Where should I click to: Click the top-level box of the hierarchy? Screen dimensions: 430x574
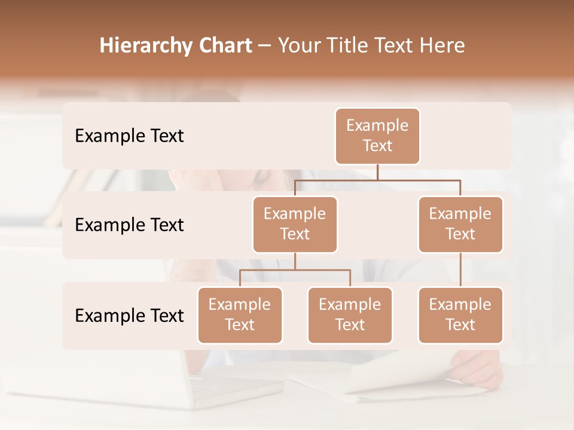tap(377, 136)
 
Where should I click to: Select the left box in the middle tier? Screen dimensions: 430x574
tap(295, 225)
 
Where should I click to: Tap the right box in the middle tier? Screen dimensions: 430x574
tap(460, 225)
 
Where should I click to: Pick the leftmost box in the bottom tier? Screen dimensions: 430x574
tap(240, 315)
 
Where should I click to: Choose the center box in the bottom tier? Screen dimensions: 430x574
tap(350, 315)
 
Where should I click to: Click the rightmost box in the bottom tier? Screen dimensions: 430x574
tap(460, 315)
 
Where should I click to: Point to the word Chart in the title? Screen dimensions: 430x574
tap(222, 45)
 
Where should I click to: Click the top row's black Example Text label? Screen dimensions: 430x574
tap(129, 136)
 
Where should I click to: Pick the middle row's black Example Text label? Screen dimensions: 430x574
tap(129, 225)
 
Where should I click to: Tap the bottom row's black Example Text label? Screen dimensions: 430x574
tap(129, 316)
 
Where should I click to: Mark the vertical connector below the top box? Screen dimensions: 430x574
tap(377, 171)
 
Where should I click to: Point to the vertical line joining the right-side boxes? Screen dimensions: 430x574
tap(460, 269)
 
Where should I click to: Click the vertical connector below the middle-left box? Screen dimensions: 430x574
tap(295, 261)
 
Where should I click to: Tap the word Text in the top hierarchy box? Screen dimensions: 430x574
tap(377, 146)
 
